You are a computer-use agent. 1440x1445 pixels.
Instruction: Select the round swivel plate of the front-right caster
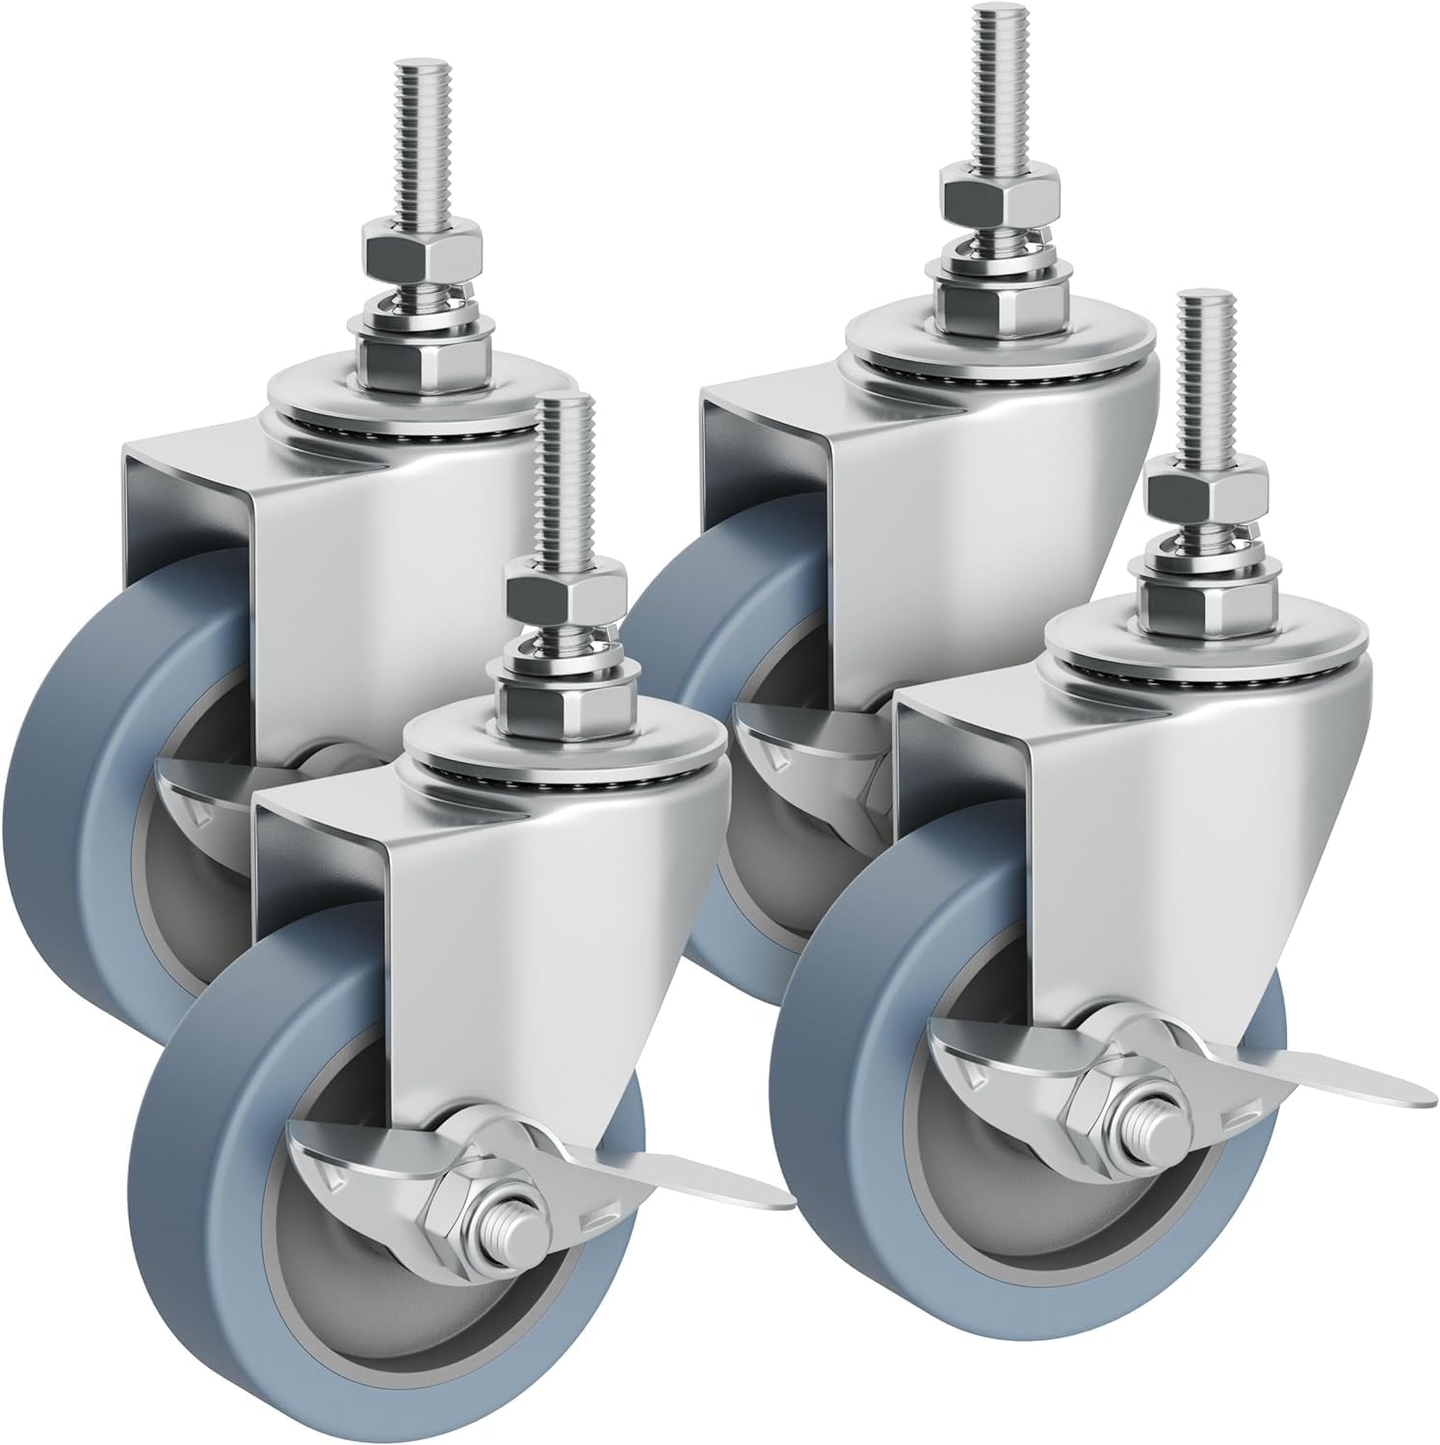1204,641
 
